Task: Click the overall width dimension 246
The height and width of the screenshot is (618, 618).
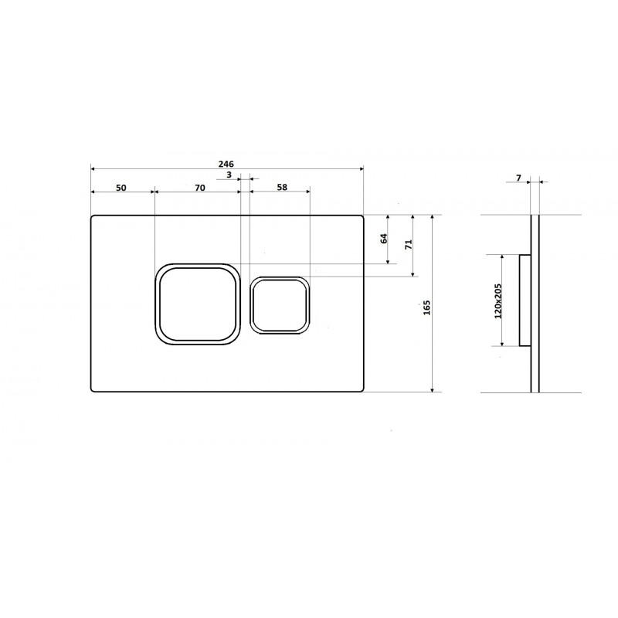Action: pos(226,164)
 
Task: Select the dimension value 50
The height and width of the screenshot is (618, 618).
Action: pos(121,188)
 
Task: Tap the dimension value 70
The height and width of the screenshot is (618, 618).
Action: pos(200,188)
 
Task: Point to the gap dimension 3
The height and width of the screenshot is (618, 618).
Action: pos(229,175)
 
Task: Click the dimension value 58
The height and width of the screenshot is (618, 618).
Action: pos(282,187)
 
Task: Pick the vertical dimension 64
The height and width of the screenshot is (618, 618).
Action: pos(384,239)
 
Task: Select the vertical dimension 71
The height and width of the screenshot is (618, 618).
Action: pos(409,244)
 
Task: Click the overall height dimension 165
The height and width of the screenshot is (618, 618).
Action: pos(427,307)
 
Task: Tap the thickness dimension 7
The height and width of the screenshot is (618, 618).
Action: pos(518,178)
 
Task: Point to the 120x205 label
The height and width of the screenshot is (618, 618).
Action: pos(497,301)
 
